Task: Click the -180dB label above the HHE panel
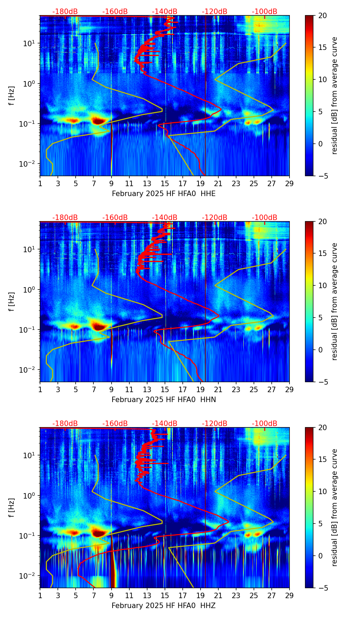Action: (65, 12)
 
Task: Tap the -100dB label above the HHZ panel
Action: (265, 424)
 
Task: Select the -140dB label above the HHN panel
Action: (165, 218)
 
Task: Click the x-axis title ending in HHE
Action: (164, 194)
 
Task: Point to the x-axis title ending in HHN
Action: (164, 400)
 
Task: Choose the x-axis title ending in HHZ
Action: (164, 606)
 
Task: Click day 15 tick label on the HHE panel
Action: (165, 183)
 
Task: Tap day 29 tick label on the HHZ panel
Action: (290, 595)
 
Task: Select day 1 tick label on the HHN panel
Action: (40, 389)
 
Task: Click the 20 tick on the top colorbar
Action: (322, 15)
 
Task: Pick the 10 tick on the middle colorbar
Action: (322, 285)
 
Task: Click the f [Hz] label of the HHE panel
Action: (12, 95)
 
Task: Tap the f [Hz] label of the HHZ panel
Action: (12, 507)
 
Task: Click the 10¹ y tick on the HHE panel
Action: (29, 43)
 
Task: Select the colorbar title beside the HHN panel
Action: (335, 301)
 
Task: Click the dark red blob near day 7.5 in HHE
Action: (98, 120)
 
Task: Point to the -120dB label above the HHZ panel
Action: (215, 424)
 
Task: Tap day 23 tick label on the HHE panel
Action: (236, 183)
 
